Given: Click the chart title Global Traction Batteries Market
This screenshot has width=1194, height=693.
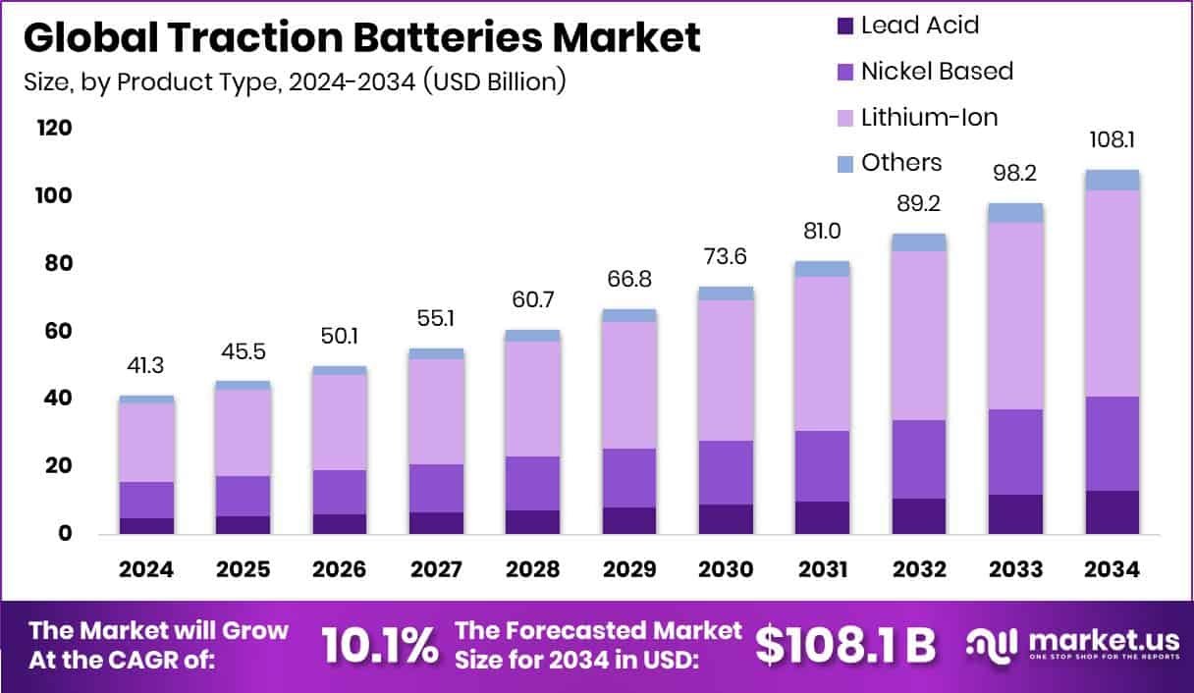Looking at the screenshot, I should [x=361, y=38].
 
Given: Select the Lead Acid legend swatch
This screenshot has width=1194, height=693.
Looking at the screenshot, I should [x=844, y=26].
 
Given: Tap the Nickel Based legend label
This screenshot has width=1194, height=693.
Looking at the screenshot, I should [x=937, y=71].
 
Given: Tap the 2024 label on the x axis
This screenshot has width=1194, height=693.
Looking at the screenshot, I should [x=146, y=570].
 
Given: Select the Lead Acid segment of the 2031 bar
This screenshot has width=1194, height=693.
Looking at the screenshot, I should [x=822, y=517].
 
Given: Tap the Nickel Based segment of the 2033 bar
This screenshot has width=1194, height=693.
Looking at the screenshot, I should [x=1015, y=452].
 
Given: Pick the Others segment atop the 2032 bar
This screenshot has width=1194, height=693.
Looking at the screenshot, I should [x=919, y=242].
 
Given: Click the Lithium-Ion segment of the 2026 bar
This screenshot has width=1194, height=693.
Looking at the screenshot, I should [x=339, y=422].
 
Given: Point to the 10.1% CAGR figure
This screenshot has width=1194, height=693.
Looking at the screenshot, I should [x=379, y=646].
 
